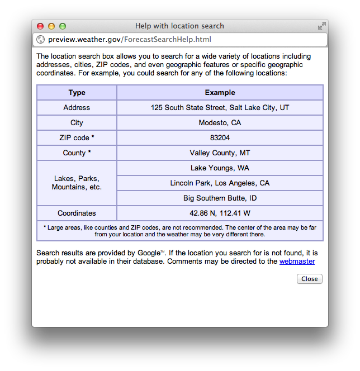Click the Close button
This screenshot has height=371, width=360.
coord(309,279)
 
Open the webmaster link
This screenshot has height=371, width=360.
coord(297,261)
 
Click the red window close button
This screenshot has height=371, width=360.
coord(40,26)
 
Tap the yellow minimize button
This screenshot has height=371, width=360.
coord(51,26)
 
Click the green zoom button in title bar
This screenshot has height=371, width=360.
coord(63,26)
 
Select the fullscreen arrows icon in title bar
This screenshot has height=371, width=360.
coord(321,26)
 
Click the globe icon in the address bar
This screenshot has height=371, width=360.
coord(40,40)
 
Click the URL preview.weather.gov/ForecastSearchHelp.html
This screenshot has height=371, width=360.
coord(130,40)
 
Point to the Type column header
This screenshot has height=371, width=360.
coord(77,93)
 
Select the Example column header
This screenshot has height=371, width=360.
coord(220,93)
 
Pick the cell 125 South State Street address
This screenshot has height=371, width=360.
coord(220,108)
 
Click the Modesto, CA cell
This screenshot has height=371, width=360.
coord(220,123)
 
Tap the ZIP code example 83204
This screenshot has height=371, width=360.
coord(220,138)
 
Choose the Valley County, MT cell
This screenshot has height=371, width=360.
coord(220,153)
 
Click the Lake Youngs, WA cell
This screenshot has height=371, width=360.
coord(220,168)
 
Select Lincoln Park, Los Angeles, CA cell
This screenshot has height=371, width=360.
coord(220,183)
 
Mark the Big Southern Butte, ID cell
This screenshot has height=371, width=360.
coord(220,198)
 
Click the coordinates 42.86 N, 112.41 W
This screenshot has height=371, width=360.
coord(220,213)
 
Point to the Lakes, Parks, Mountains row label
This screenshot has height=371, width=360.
coord(77,183)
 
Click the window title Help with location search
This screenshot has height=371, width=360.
coord(179,26)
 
